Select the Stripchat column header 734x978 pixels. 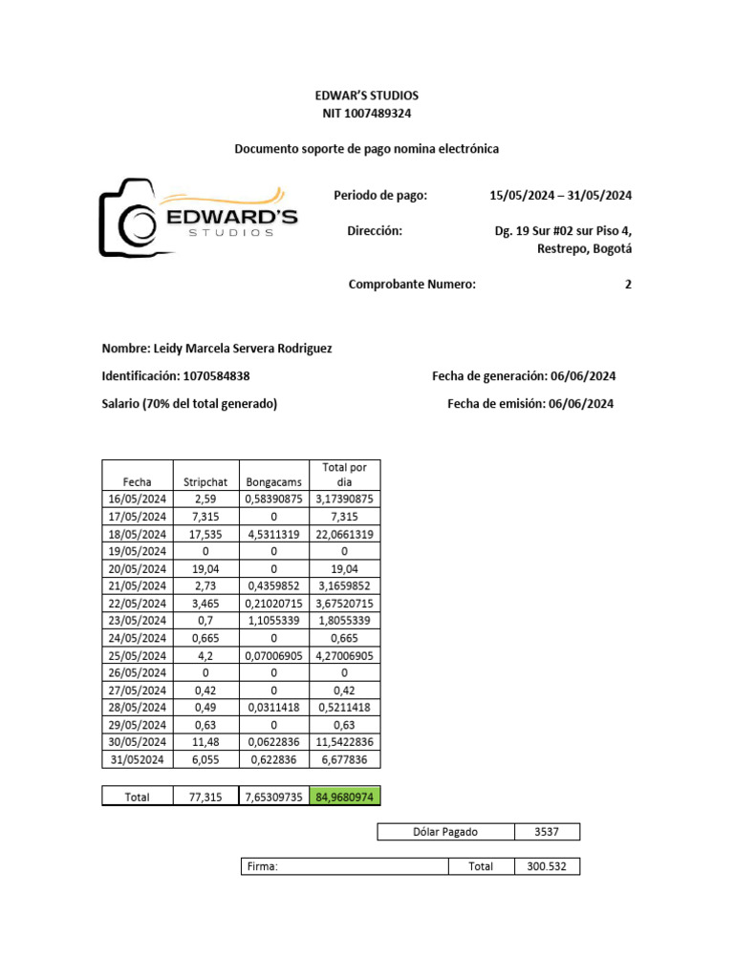pyautogui.click(x=204, y=482)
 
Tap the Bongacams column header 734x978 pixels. pyautogui.click(x=273, y=482)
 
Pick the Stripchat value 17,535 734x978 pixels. pyautogui.click(x=204, y=534)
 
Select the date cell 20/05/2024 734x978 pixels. pyautogui.click(x=137, y=568)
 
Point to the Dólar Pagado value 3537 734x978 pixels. pyautogui.click(x=547, y=832)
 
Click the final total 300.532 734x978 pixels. pyautogui.click(x=547, y=866)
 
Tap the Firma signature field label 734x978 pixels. pyautogui.click(x=261, y=866)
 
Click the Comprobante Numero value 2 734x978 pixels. pyautogui.click(x=628, y=284)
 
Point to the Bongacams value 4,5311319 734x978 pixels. pyautogui.click(x=273, y=534)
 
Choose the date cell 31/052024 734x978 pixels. pyautogui.click(x=137, y=759)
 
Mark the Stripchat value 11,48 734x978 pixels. pyautogui.click(x=204, y=742)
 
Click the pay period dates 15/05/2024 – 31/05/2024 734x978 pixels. pyautogui.click(x=560, y=196)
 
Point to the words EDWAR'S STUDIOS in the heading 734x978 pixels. pyautogui.click(x=366, y=96)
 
